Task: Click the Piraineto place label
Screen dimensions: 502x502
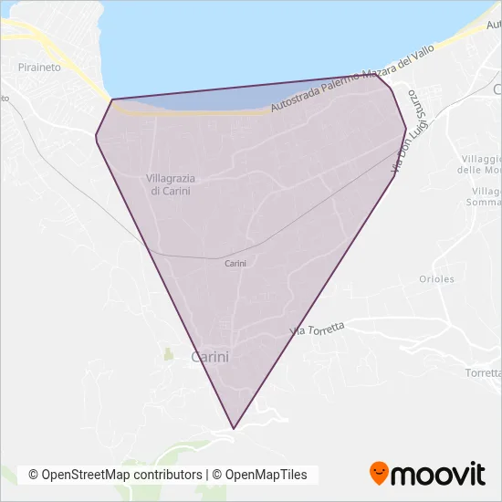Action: pyautogui.click(x=38, y=67)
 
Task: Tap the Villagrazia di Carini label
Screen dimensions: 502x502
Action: pyautogui.click(x=171, y=183)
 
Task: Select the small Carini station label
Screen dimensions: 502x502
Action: pyautogui.click(x=235, y=263)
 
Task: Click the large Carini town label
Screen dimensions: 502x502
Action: pyautogui.click(x=210, y=358)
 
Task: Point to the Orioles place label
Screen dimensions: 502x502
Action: pyautogui.click(x=436, y=279)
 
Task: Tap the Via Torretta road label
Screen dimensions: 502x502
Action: pyautogui.click(x=317, y=329)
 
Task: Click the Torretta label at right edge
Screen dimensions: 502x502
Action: pyautogui.click(x=483, y=373)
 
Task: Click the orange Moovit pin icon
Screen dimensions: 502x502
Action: pyautogui.click(x=379, y=473)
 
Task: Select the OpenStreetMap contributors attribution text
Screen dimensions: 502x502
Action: pyautogui.click(x=115, y=475)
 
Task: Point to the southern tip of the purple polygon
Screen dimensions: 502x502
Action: pyautogui.click(x=235, y=428)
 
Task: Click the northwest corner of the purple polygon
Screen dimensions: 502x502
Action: pyautogui.click(x=112, y=99)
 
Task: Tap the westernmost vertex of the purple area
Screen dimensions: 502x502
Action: pyautogui.click(x=96, y=137)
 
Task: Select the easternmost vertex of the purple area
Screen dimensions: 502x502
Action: pyautogui.click(x=406, y=129)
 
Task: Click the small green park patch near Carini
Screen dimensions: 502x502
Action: pyautogui.click(x=167, y=352)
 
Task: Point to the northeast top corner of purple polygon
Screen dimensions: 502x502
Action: pyautogui.click(x=377, y=75)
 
